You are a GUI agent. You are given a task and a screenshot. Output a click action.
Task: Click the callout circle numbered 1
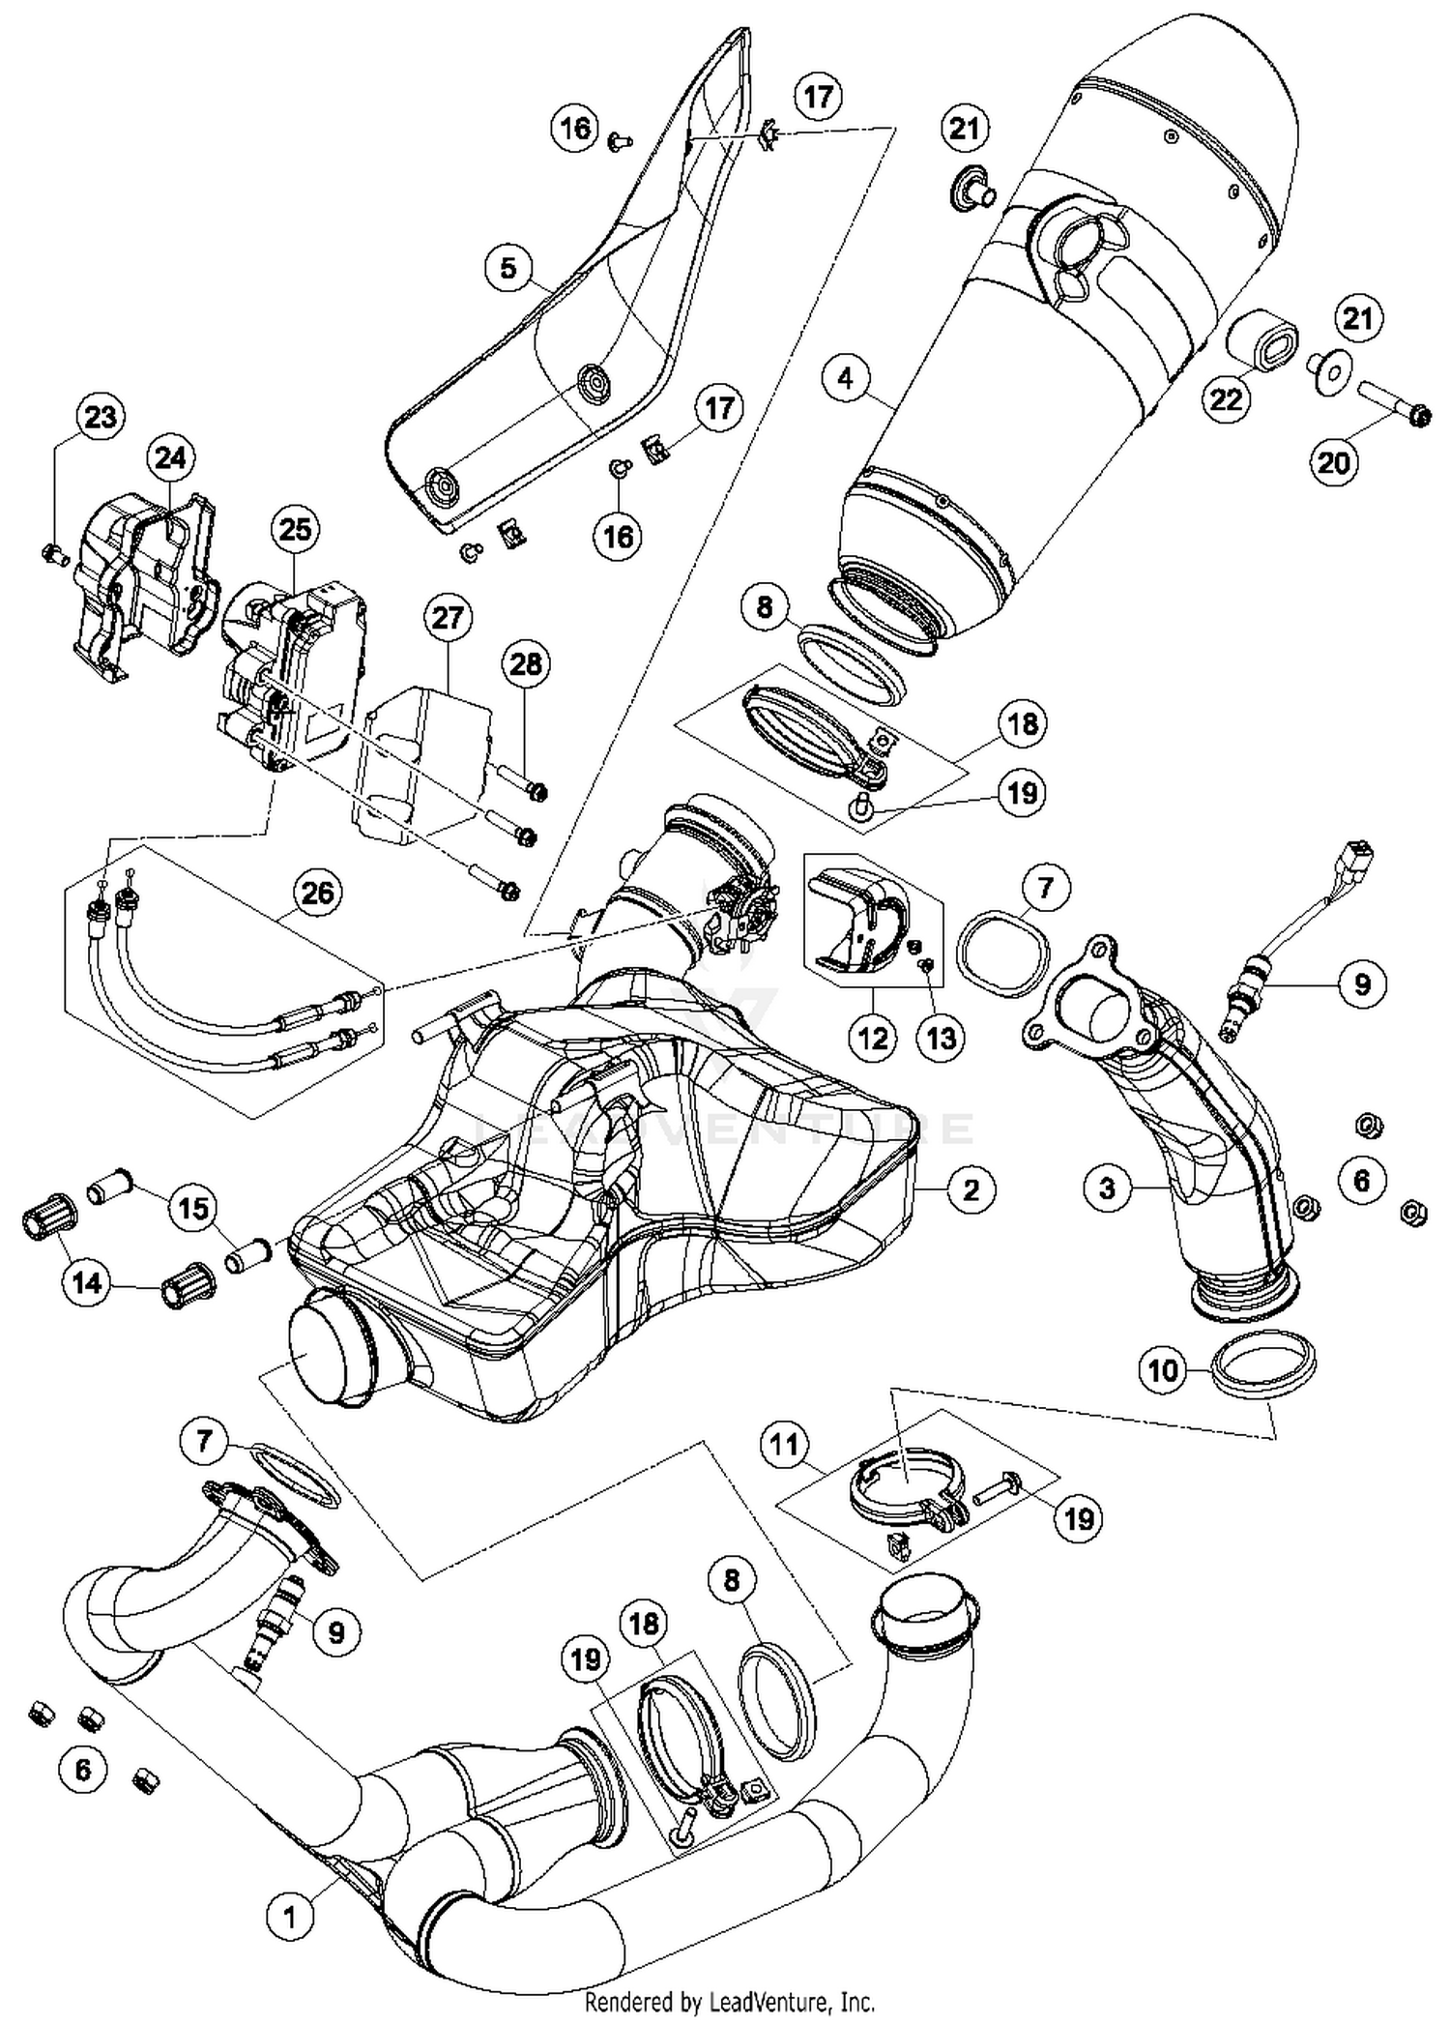tap(288, 1914)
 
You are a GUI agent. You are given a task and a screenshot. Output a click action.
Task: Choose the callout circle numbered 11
tap(784, 1445)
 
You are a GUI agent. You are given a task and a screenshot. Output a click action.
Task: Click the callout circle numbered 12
tap(873, 1038)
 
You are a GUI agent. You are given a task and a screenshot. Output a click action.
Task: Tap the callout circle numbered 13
tap(941, 1038)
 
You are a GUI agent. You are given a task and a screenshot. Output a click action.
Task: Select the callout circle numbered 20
tap(1334, 462)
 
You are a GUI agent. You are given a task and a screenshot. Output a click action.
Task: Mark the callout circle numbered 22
tap(1226, 398)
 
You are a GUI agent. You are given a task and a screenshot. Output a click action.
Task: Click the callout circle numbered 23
tap(101, 417)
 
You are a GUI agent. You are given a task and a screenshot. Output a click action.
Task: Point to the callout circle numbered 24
tap(171, 457)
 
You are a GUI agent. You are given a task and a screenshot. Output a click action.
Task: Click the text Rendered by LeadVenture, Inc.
tap(730, 2001)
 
